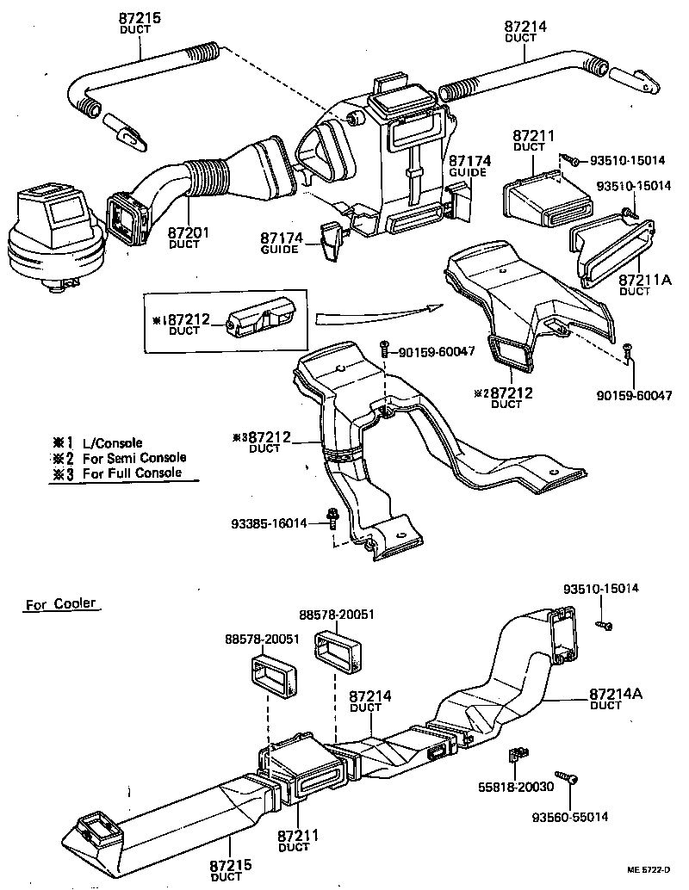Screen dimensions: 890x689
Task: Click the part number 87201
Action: (183, 233)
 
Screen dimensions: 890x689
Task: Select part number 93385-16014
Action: (270, 522)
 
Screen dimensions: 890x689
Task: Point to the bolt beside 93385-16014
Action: (332, 518)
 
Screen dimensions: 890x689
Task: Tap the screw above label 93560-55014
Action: (566, 778)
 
